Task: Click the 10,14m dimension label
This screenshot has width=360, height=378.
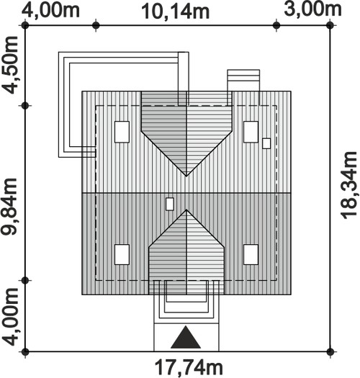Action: [175, 12]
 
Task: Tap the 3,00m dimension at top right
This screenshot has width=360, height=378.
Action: [312, 9]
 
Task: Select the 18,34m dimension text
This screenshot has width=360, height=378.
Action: [348, 186]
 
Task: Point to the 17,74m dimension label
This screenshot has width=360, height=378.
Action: [189, 368]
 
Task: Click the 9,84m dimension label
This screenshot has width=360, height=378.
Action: [9, 207]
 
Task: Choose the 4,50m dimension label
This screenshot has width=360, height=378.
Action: [9, 65]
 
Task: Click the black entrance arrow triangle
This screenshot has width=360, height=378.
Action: [186, 337]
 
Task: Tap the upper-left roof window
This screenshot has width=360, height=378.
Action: [122, 132]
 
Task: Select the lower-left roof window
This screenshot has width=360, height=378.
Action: [122, 255]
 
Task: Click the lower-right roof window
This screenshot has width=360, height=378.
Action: [251, 255]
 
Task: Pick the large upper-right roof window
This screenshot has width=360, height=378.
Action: [251, 132]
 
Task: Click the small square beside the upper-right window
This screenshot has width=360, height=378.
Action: [266, 143]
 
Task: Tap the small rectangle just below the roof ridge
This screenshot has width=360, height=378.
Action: [170, 204]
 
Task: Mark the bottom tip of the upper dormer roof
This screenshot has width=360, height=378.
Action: [186, 176]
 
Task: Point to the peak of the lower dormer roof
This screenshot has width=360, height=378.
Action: [186, 210]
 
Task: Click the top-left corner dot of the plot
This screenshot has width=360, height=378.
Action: [25, 25]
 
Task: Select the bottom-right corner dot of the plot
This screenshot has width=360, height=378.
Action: [330, 351]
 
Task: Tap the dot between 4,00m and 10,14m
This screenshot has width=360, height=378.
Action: [96, 25]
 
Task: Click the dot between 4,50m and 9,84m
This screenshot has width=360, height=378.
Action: [25, 106]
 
